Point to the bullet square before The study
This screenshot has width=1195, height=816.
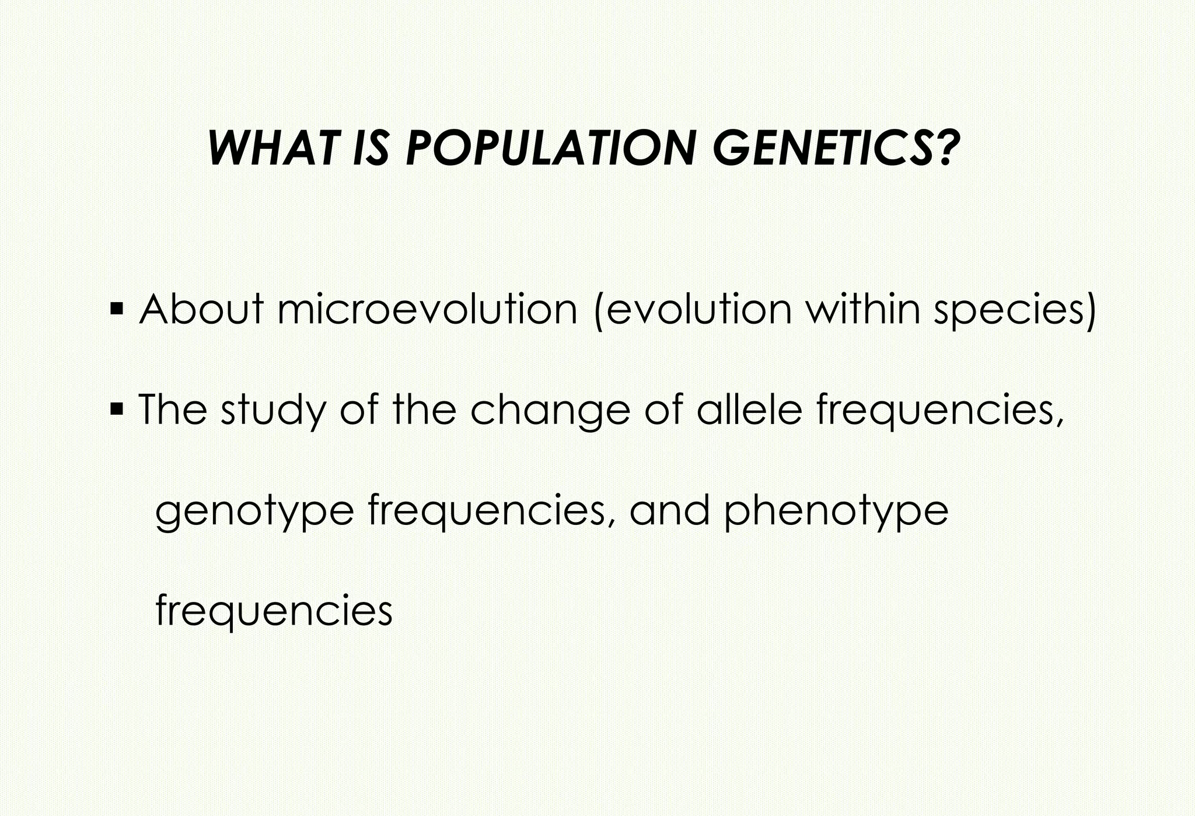(x=116, y=407)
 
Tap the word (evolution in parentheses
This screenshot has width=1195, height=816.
(x=692, y=310)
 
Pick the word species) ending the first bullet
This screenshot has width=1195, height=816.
(x=1015, y=311)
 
